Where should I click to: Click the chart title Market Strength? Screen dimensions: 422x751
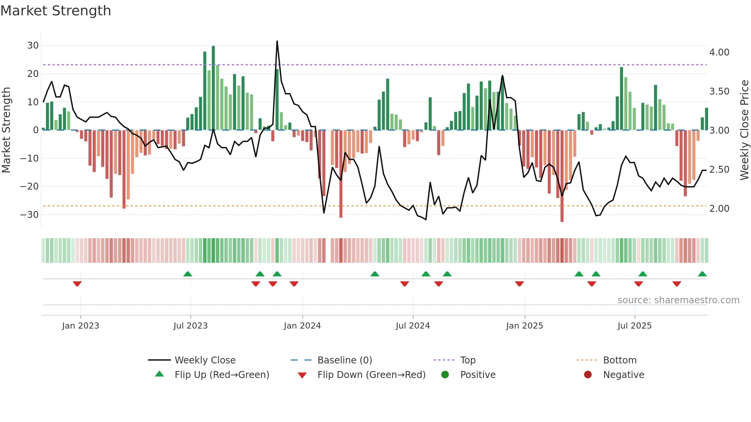pyautogui.click(x=56, y=11)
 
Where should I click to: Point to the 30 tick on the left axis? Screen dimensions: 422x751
pyautogui.click(x=33, y=46)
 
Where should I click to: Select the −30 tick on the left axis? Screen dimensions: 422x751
pyautogui.click(x=30, y=214)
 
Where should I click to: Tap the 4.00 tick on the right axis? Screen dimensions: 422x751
pyautogui.click(x=719, y=52)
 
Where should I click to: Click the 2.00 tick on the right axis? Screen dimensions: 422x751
pyautogui.click(x=719, y=209)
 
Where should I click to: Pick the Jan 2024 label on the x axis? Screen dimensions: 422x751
pyautogui.click(x=302, y=326)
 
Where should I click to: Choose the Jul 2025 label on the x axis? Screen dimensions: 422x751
pyautogui.click(x=635, y=326)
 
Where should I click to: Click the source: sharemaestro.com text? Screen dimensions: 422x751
pyautogui.click(x=678, y=300)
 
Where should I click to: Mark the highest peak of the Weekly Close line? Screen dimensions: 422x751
pyautogui.click(x=277, y=41)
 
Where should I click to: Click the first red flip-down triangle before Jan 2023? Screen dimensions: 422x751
pyautogui.click(x=77, y=284)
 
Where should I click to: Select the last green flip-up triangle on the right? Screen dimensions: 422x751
pyautogui.click(x=702, y=274)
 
